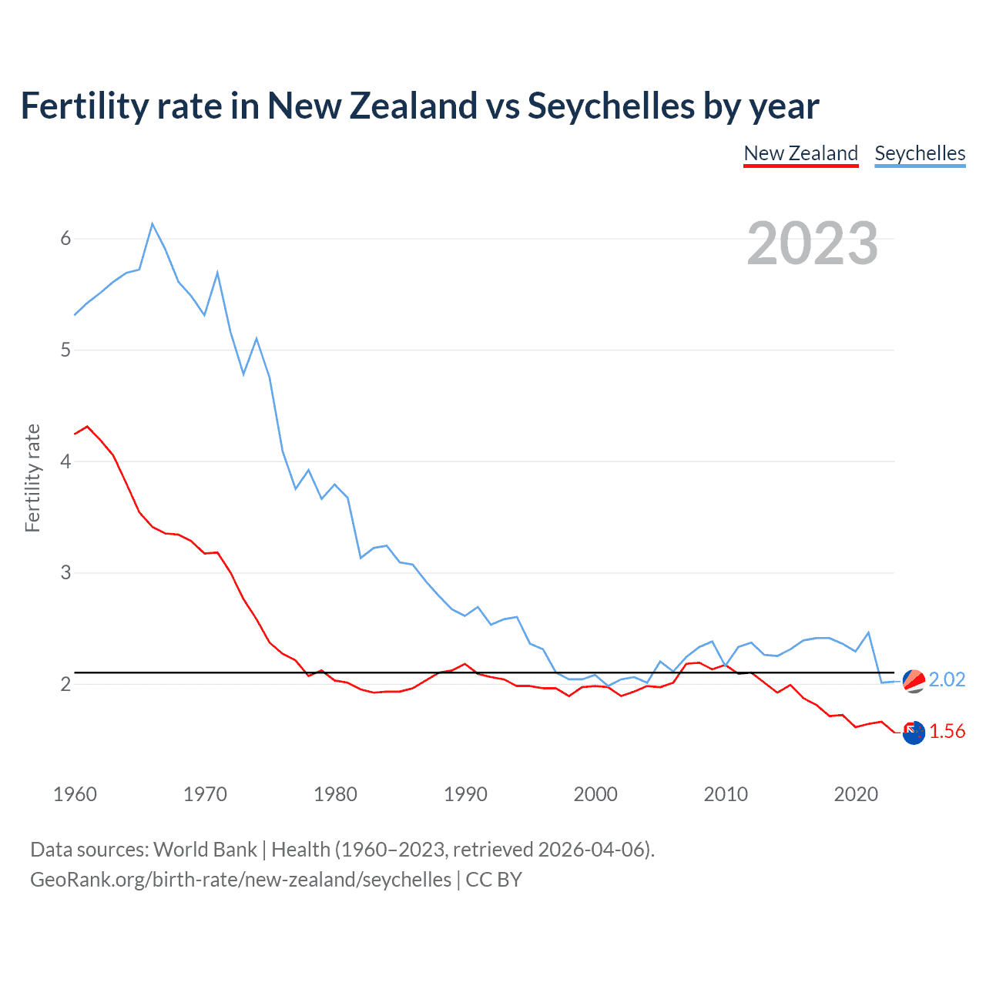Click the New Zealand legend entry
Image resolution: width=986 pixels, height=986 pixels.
pyautogui.click(x=800, y=153)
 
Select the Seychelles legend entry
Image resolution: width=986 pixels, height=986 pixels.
pyautogui.click(x=920, y=153)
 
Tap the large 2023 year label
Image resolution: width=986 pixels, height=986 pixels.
pyautogui.click(x=812, y=243)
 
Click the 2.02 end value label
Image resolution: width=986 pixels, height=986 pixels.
pyautogui.click(x=947, y=679)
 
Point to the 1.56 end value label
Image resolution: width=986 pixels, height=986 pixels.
pyautogui.click(x=947, y=731)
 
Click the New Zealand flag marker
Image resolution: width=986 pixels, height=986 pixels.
pyautogui.click(x=914, y=733)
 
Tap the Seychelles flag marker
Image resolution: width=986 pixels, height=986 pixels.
pyautogui.click(x=914, y=681)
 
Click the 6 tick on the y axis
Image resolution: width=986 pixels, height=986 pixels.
pyautogui.click(x=65, y=239)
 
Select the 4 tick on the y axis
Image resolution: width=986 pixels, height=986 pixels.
pyautogui.click(x=65, y=461)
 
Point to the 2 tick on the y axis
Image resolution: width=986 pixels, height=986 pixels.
pyautogui.click(x=65, y=684)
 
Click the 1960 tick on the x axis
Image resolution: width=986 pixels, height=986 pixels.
pyautogui.click(x=75, y=794)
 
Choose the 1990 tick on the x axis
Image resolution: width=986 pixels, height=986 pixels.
pyautogui.click(x=465, y=794)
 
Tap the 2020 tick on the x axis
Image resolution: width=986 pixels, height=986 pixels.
pyautogui.click(x=856, y=794)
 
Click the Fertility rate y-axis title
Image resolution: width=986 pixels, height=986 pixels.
pyautogui.click(x=32, y=478)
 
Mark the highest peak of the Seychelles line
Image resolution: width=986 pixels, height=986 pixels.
pyautogui.click(x=153, y=224)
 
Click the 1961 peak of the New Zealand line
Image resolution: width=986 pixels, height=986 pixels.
pyautogui.click(x=87, y=426)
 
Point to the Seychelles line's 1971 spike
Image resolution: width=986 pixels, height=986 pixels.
pyautogui.click(x=218, y=273)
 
